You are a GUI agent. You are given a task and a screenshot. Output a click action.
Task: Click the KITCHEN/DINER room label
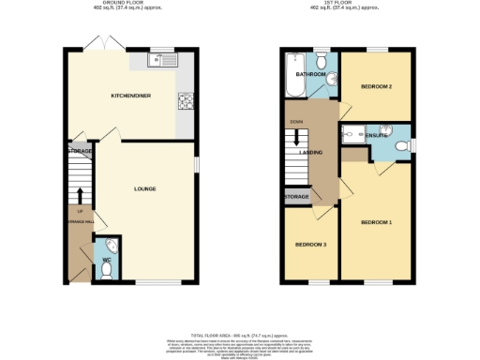(x=131, y=96)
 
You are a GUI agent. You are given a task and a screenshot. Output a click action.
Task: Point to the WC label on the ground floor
(x=106, y=258)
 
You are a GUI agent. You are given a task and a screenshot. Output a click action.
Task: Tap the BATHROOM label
(x=310, y=74)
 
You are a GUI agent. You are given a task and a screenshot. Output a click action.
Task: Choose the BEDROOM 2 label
(x=375, y=87)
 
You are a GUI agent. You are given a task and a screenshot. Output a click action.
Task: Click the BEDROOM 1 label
(x=377, y=222)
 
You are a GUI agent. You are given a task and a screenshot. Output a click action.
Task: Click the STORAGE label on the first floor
(x=297, y=196)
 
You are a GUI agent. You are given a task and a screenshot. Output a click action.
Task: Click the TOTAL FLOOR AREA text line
(x=240, y=334)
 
